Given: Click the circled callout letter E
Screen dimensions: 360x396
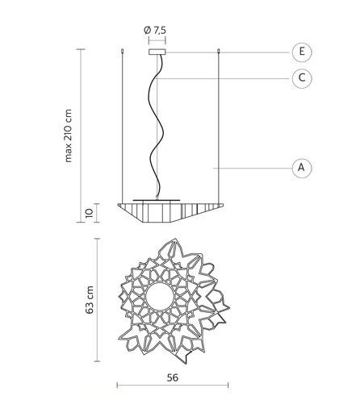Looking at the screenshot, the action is pos(302,52).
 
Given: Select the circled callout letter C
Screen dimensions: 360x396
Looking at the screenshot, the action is pos(302,78).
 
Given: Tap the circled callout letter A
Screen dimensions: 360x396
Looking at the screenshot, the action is pos(302,168).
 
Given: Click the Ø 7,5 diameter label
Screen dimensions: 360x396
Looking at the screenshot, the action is pos(155,30).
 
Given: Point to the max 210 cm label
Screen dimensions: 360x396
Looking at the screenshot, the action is pos(68,135).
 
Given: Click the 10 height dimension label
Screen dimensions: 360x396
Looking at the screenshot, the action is pos(90,213).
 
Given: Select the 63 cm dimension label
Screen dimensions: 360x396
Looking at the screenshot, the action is pos(90,300).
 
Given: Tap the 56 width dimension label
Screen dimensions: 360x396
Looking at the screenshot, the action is pos(173,377).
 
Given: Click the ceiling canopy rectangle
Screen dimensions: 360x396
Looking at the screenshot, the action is pos(157,52).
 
